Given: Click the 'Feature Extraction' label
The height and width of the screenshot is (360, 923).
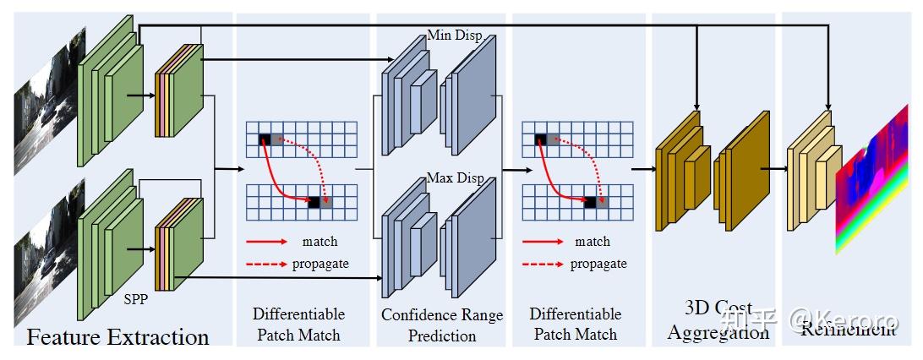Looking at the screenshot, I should tap(117, 337).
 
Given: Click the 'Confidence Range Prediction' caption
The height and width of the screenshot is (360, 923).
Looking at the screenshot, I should tap(442, 325).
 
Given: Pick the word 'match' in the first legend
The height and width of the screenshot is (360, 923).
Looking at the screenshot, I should tap(319, 243).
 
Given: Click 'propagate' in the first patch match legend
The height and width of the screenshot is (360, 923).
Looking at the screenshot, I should tap(320, 264).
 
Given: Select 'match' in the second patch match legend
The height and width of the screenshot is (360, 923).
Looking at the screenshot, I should tap(593, 242).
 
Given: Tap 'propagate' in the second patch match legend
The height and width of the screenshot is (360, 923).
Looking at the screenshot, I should tap(598, 264).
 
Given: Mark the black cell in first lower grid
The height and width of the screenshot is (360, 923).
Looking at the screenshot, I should tap(314, 203).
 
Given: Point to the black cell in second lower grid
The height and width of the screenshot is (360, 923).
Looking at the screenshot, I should tap(591, 203).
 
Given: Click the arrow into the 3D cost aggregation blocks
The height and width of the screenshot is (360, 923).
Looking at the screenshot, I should tap(642, 168).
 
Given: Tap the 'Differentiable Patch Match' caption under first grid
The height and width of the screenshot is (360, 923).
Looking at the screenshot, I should tap(298, 325).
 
